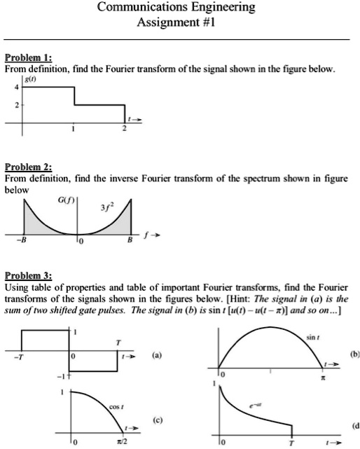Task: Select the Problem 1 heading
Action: click(25, 57)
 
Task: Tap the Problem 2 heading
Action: click(25, 167)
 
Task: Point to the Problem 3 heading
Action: click(25, 275)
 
